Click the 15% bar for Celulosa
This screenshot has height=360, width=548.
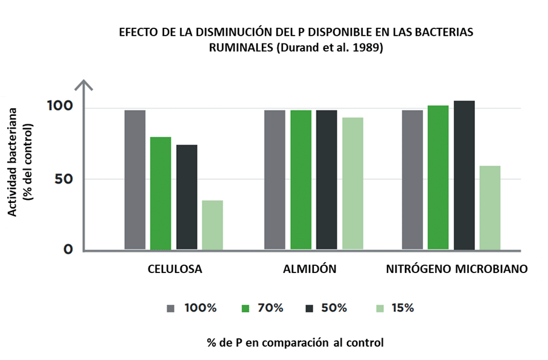[x=212, y=225]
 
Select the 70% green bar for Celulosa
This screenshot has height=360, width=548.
[x=161, y=193]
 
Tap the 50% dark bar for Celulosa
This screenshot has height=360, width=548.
[x=186, y=197]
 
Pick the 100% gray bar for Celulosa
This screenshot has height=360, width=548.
[x=135, y=179]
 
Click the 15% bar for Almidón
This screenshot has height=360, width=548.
[x=352, y=183]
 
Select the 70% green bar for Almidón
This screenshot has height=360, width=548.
[x=301, y=179]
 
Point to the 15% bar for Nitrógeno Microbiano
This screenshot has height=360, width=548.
[x=490, y=207]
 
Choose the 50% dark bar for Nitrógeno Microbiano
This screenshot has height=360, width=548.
[x=464, y=175]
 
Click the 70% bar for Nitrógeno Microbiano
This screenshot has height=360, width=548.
[x=438, y=177]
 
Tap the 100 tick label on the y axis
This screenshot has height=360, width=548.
[x=59, y=106]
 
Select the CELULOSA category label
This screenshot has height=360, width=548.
[x=175, y=269]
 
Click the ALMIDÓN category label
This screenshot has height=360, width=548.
[x=310, y=269]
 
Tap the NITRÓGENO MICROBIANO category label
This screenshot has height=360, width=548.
[x=457, y=269]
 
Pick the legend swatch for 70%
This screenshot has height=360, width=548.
[x=246, y=308]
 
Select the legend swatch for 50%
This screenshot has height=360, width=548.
[x=310, y=308]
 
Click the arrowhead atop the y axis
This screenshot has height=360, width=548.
[x=84, y=85]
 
